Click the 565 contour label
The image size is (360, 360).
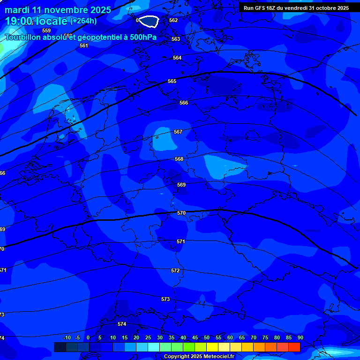pyautogui.click(x=172, y=81)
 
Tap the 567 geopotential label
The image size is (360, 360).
pyautogui.click(x=178, y=132)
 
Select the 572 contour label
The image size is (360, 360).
pyautogui.click(x=175, y=270)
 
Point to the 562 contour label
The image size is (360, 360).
pyautogui.click(x=173, y=20)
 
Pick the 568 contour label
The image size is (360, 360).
pyautogui.click(x=179, y=159)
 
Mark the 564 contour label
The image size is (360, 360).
pyautogui.click(x=177, y=58)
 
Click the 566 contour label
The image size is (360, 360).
pyautogui.click(x=184, y=103)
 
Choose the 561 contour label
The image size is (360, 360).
pyautogui.click(x=84, y=45)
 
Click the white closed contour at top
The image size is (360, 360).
pyautogui.click(x=149, y=21)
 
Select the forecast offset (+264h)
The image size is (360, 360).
pyautogui.click(x=83, y=21)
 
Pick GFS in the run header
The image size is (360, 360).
pyautogui.click(x=261, y=8)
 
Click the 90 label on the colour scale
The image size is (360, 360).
pyautogui.click(x=300, y=337)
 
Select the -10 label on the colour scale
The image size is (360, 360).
pyautogui.click(x=67, y=337)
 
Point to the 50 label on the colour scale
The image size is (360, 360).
pyautogui.click(x=207, y=337)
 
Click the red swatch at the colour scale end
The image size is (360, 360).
pyautogui.click(x=294, y=347)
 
